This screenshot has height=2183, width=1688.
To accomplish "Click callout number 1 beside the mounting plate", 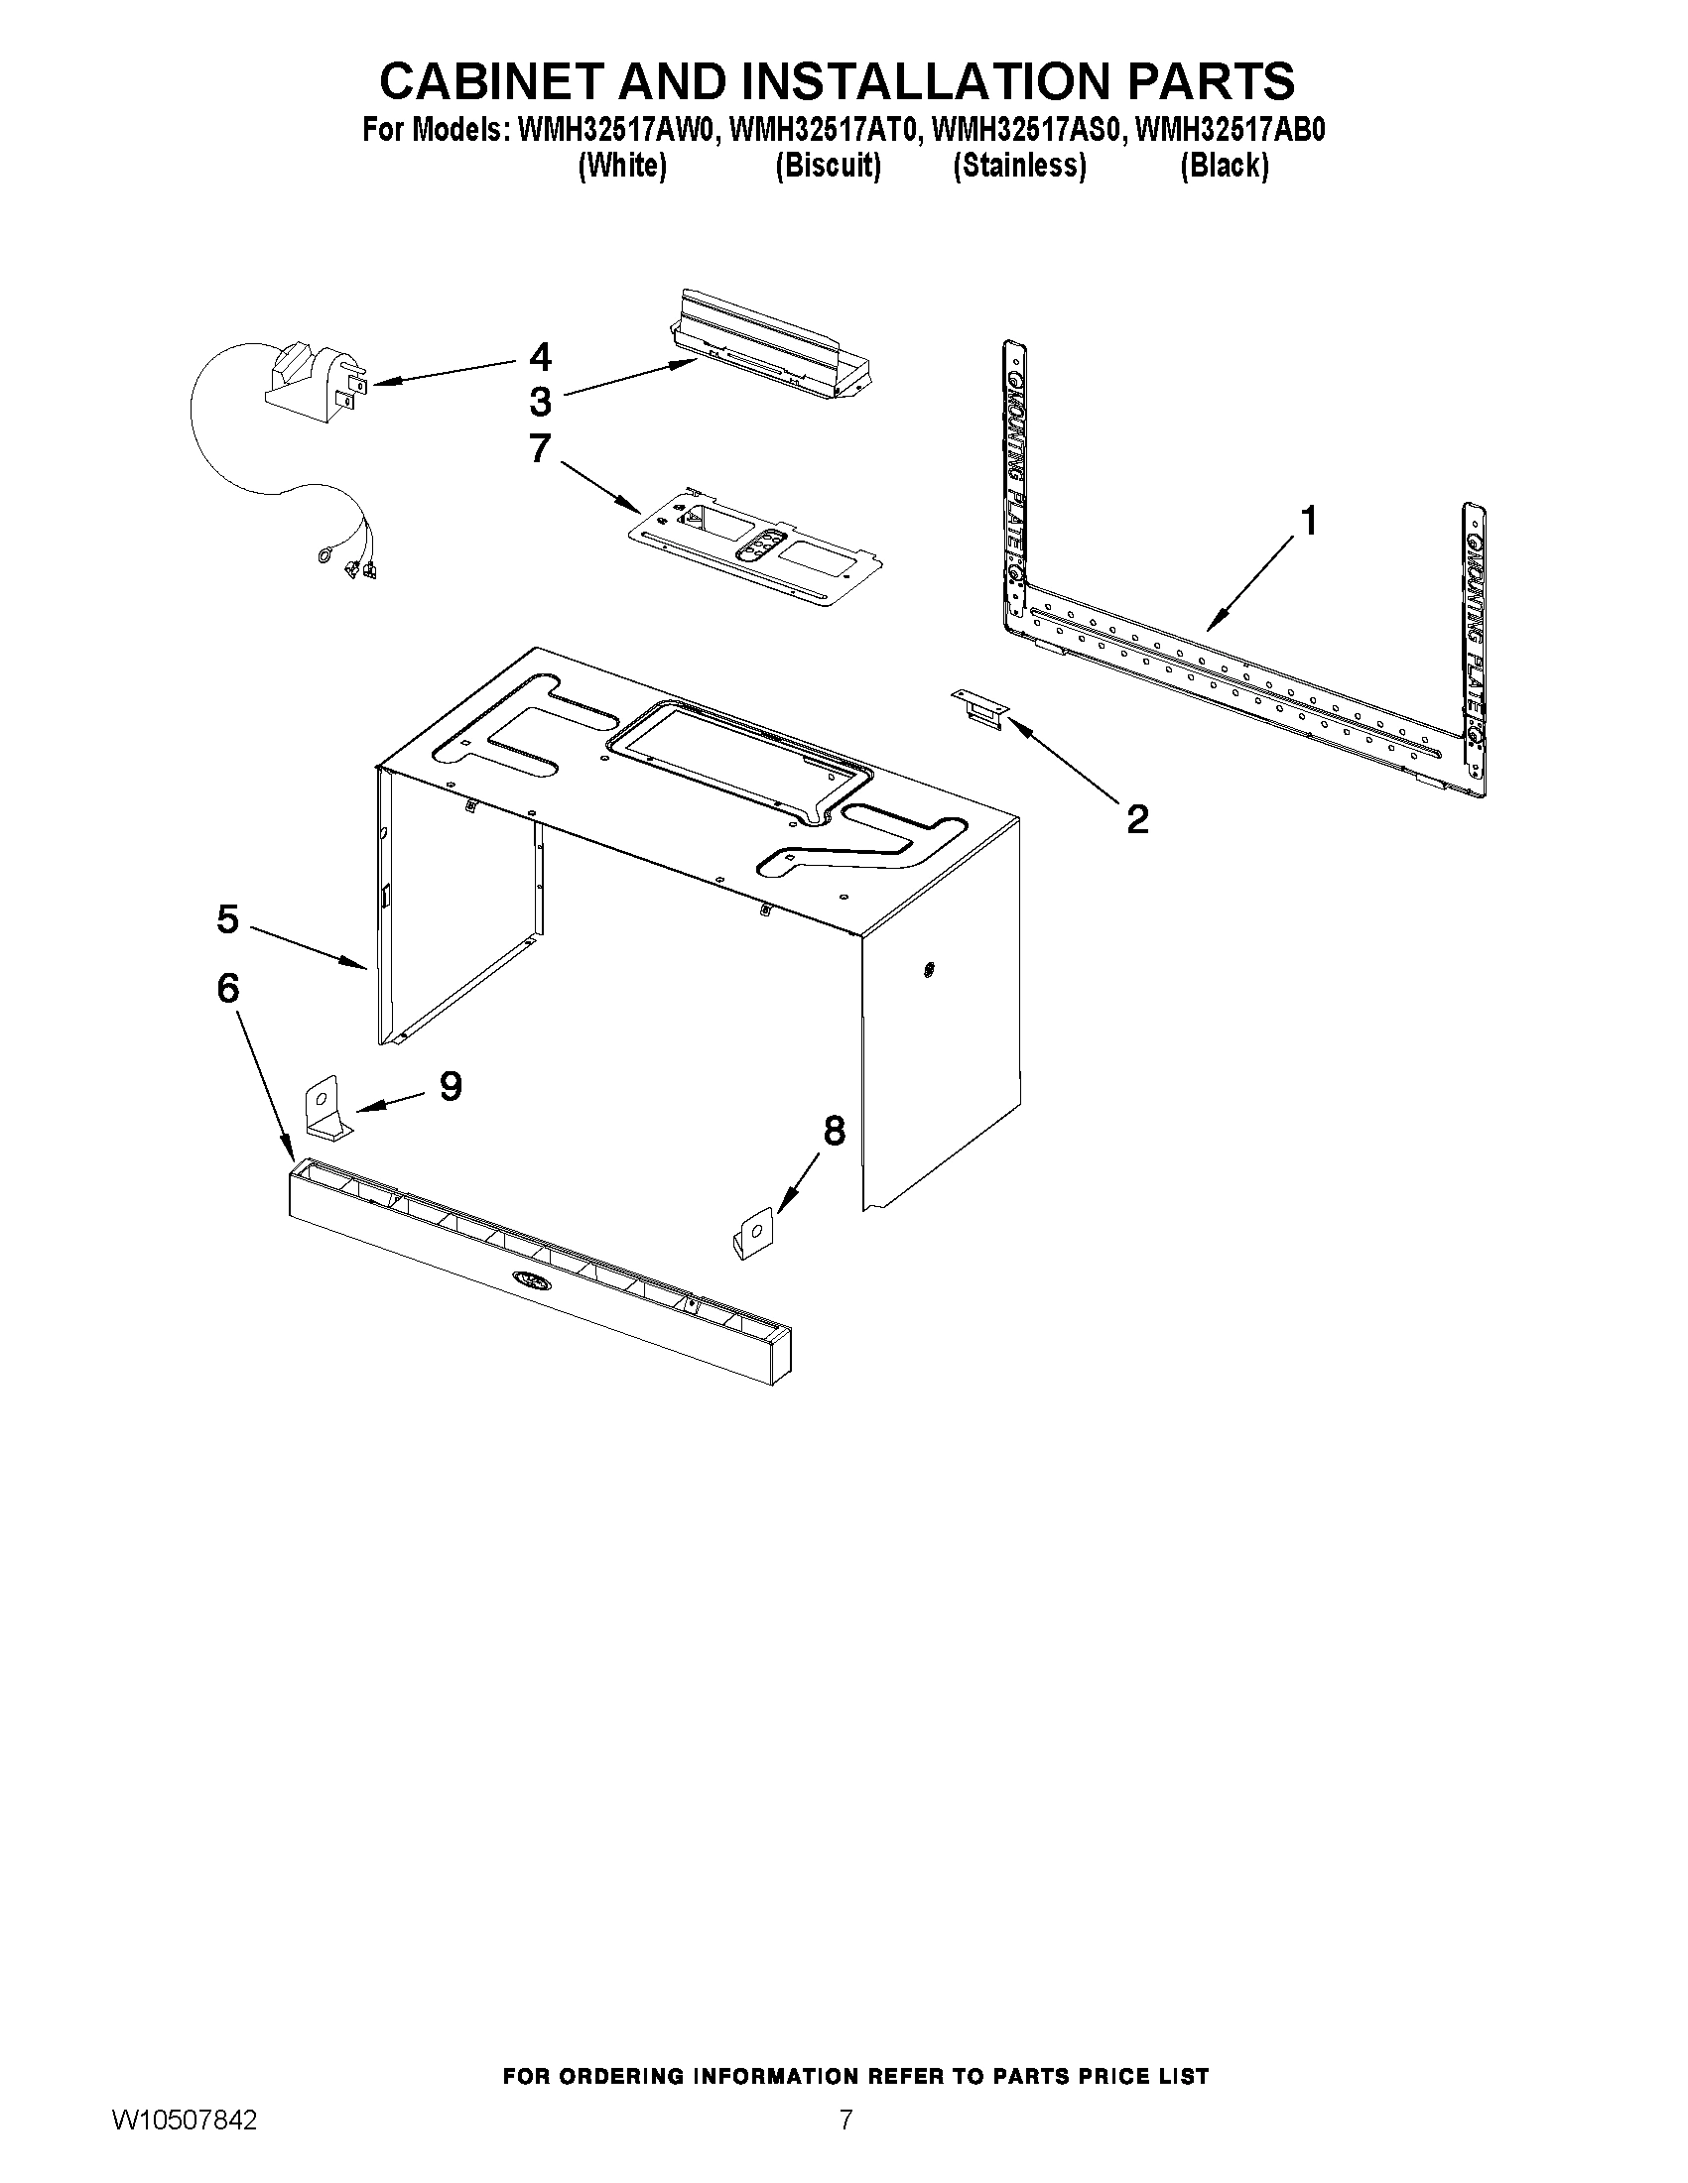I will pyautogui.click(x=1307, y=522).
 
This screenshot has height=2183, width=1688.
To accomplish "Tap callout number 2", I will pyautogui.click(x=1137, y=819).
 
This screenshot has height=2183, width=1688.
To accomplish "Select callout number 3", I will pyautogui.click(x=540, y=402).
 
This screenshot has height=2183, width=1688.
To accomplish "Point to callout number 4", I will pyautogui.click(x=540, y=357).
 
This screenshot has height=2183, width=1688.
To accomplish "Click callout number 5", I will pyautogui.click(x=228, y=919).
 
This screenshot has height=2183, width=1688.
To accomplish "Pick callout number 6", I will pyautogui.click(x=228, y=990).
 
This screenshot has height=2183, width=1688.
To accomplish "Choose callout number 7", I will pyautogui.click(x=540, y=448).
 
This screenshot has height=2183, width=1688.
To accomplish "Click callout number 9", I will pyautogui.click(x=451, y=1085).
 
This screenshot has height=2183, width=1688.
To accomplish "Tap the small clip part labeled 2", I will pyautogui.click(x=980, y=709).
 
